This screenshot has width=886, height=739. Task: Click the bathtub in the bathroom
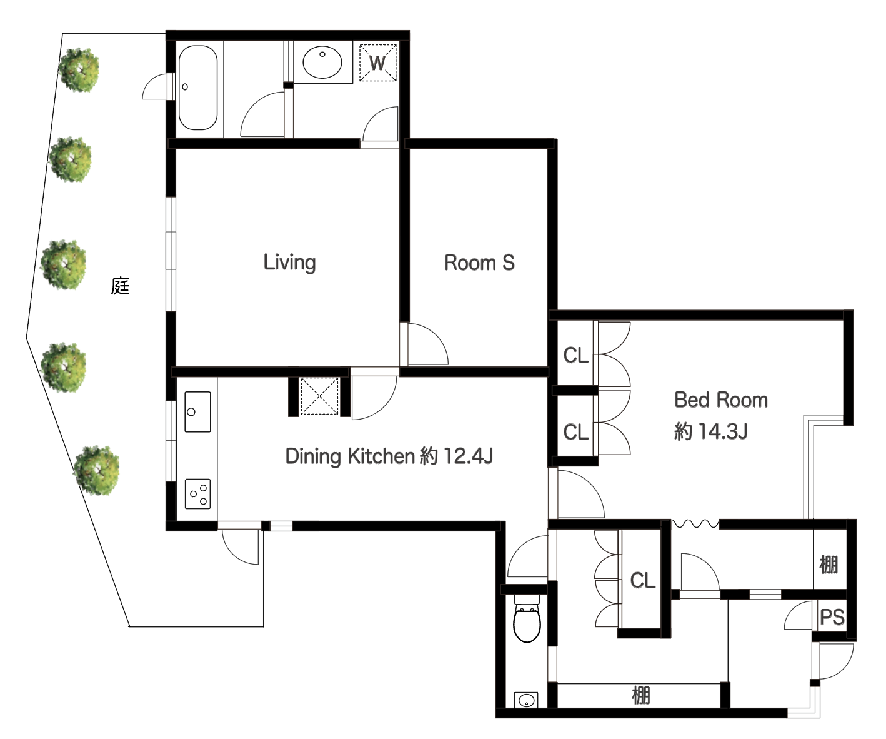[x=197, y=88]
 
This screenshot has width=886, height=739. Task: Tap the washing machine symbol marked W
[x=377, y=63]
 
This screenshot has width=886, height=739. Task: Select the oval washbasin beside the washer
[x=322, y=62]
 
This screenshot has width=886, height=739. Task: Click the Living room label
[x=289, y=263]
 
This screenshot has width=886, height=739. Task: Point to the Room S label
[x=479, y=263]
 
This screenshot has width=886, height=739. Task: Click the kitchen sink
[x=197, y=411]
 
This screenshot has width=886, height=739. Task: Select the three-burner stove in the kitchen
[x=197, y=494]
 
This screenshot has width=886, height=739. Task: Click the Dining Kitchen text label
[x=389, y=456]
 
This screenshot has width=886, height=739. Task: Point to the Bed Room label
[x=721, y=400]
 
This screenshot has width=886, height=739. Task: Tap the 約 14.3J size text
[x=710, y=431]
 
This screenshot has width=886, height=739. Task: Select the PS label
[x=832, y=617]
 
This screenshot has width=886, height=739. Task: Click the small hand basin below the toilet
[x=526, y=700]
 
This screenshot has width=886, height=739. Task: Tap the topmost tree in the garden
[x=79, y=70]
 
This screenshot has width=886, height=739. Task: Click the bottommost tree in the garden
[x=97, y=470]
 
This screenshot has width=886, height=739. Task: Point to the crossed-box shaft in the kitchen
[x=319, y=396]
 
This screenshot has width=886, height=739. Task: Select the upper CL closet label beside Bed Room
[x=576, y=356]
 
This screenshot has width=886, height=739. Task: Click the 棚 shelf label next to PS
[x=829, y=565]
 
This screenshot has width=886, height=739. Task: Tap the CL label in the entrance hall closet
[x=643, y=580]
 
